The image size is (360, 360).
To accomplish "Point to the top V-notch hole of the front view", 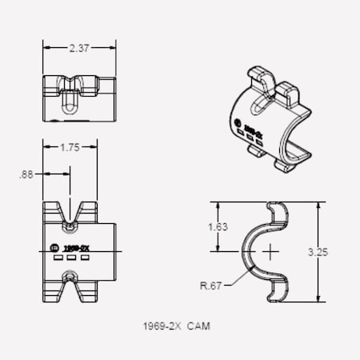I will pyautogui.click(x=71, y=214).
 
